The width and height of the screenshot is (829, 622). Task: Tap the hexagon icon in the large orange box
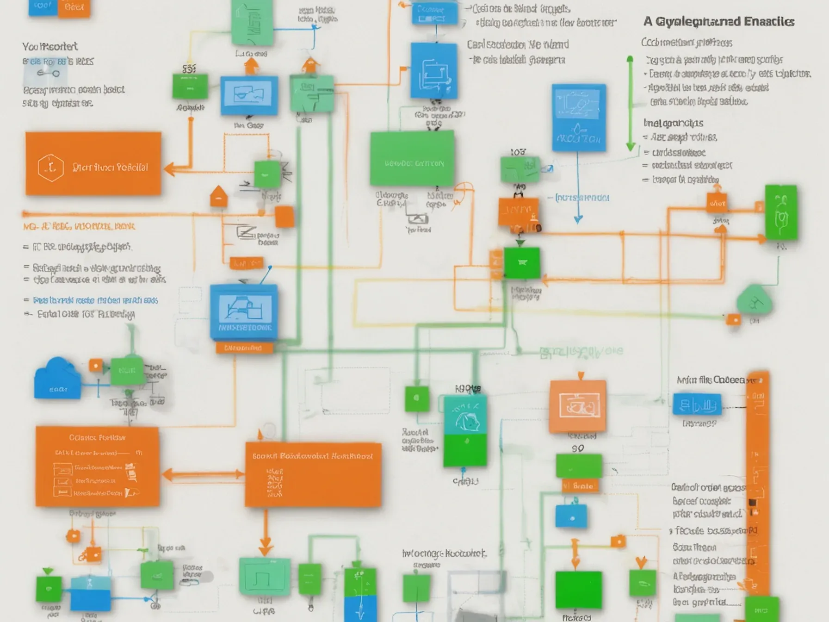(x=50, y=168)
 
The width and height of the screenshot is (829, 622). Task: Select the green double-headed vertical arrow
(x=630, y=104)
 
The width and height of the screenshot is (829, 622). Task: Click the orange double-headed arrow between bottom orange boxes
(x=202, y=474)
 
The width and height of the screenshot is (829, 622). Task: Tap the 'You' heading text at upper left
(x=49, y=46)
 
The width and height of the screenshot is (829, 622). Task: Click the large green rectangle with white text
(x=412, y=158)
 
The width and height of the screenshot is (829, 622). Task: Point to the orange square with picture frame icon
(x=578, y=407)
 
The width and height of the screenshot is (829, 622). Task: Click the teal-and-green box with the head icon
(x=465, y=430)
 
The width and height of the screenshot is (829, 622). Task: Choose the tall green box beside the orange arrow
(x=781, y=212)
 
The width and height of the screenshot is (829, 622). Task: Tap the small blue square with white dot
(x=571, y=516)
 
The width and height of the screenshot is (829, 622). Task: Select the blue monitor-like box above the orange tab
(x=244, y=313)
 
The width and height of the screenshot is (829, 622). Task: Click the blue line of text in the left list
(x=95, y=300)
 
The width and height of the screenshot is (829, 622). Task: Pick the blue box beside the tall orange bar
(x=697, y=404)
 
